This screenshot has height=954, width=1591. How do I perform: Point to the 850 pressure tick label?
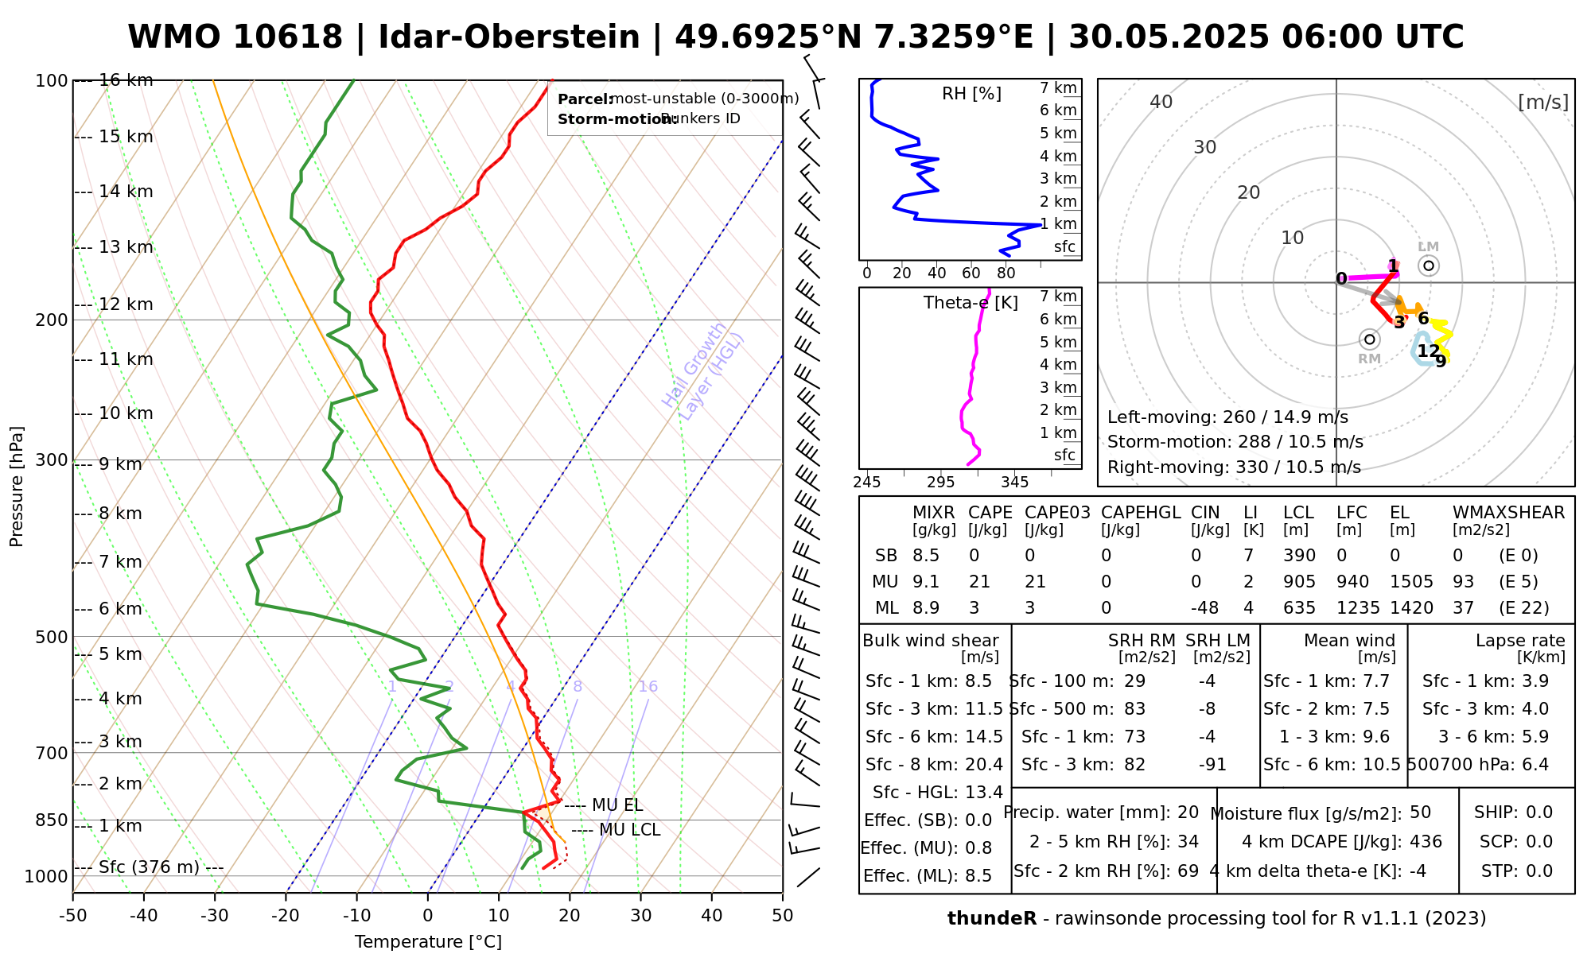tap(52, 820)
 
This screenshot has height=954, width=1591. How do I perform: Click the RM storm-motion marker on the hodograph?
tap(1369, 339)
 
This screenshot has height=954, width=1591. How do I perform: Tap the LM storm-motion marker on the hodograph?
tap(1429, 266)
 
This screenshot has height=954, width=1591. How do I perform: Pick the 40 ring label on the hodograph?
tap(1161, 102)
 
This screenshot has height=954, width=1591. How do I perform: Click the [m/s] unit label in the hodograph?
tap(1542, 103)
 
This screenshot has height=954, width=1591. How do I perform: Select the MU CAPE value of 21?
tap(979, 582)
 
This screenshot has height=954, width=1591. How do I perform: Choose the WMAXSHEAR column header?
tap(1508, 513)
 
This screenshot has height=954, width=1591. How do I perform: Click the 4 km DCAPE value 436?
tap(1426, 842)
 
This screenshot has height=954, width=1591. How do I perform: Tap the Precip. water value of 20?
tap(1188, 812)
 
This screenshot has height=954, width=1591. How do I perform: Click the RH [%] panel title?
tap(971, 94)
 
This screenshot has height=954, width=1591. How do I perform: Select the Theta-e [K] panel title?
tap(971, 303)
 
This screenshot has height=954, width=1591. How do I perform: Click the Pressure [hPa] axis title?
tap(17, 487)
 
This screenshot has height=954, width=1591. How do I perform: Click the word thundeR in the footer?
tap(991, 919)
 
